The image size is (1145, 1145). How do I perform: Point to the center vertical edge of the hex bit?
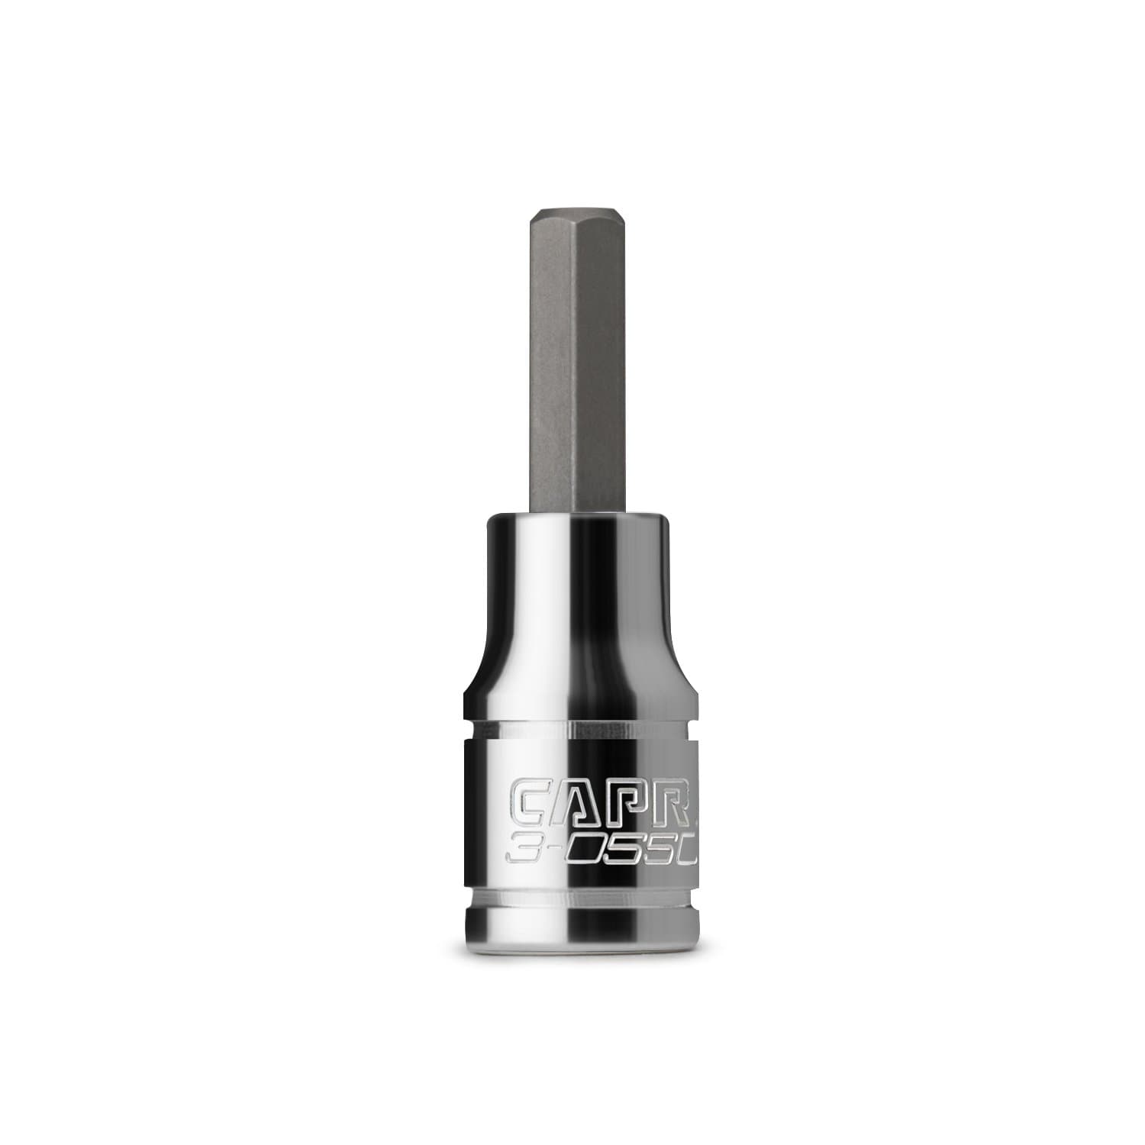point(572,366)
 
